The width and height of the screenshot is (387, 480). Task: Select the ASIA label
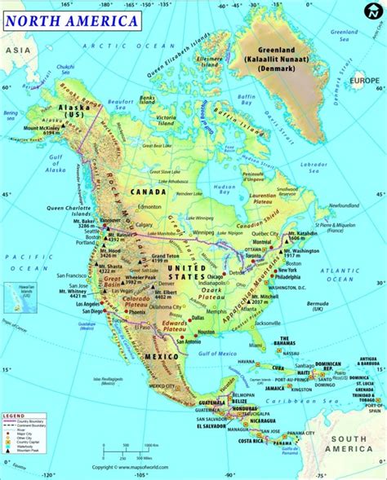coord(12,50)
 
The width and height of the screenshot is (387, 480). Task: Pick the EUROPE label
coord(365,81)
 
